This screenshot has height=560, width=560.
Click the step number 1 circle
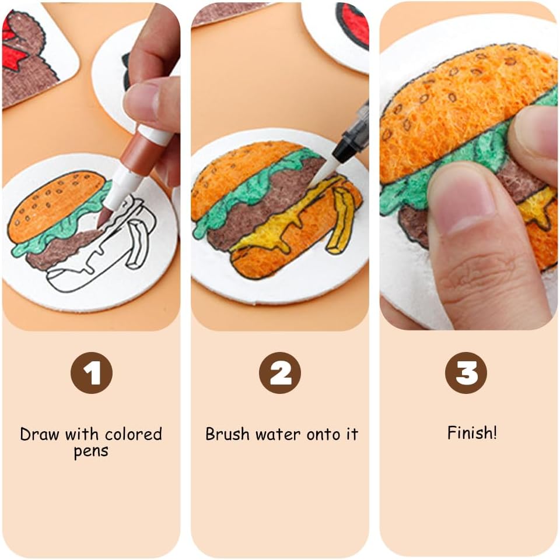(92, 373)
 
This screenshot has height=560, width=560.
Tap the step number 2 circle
(280, 373)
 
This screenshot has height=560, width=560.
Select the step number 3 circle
(466, 373)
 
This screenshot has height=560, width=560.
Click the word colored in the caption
(134, 434)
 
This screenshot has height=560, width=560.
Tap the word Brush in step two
(227, 434)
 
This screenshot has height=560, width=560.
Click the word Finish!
(472, 433)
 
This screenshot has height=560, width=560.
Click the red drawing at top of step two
(355, 25)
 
